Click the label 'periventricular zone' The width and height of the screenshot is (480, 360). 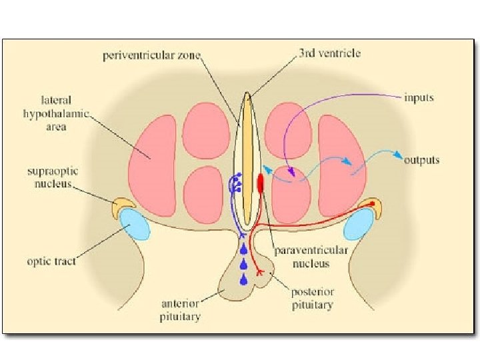pyautogui.click(x=151, y=55)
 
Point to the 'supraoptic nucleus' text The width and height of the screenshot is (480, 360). pyautogui.click(x=55, y=177)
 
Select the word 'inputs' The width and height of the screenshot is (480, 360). pyautogui.click(x=419, y=98)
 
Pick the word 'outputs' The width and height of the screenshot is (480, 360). pyautogui.click(x=421, y=160)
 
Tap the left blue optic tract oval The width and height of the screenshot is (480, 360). pyautogui.click(x=135, y=225)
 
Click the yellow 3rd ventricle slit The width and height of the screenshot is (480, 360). pyautogui.click(x=247, y=160)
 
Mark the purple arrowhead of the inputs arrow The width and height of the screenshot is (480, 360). pyautogui.click(x=291, y=175)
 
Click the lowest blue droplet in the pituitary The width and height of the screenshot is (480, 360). pyautogui.click(x=244, y=279)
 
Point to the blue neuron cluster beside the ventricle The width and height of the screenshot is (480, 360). pyautogui.click(x=235, y=183)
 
